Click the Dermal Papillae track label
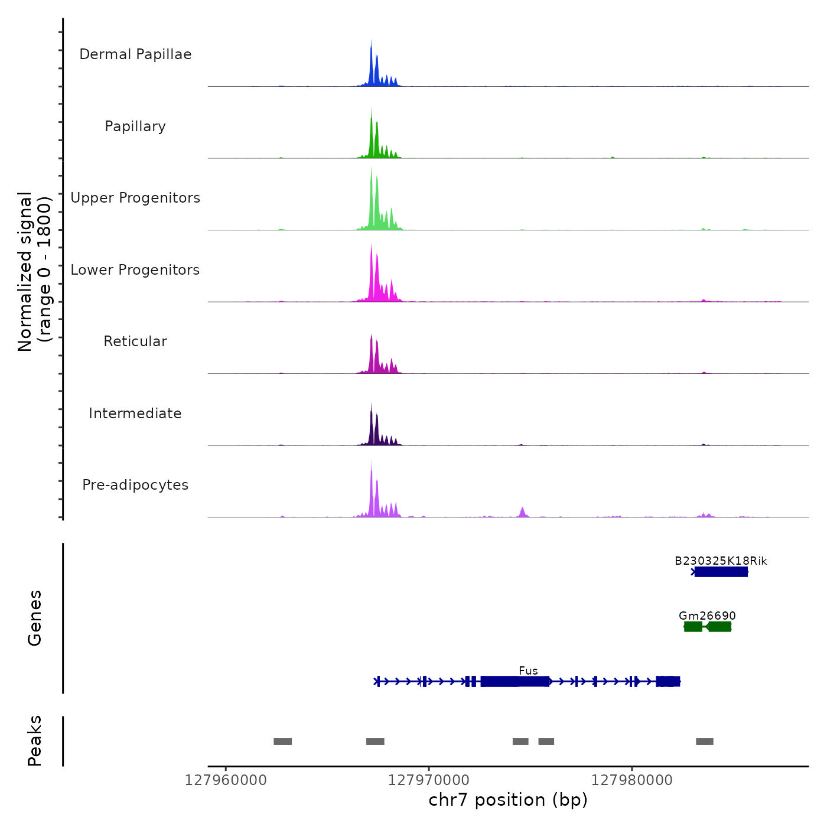[x=135, y=54]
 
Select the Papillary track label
[x=135, y=126]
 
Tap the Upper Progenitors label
[x=135, y=198]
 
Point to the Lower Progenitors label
[x=135, y=270]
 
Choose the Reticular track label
[x=135, y=341]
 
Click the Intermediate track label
[x=135, y=413]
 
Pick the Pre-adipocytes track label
[x=135, y=485]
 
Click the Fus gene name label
[x=528, y=670]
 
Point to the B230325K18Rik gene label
[x=721, y=561]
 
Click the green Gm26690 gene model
[x=708, y=627]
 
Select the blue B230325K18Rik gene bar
[x=721, y=572]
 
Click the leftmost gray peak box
[x=282, y=741]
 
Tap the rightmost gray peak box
[x=704, y=741]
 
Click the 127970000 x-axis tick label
[x=429, y=780]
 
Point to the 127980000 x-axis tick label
[x=632, y=780]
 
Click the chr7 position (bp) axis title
[x=508, y=800]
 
